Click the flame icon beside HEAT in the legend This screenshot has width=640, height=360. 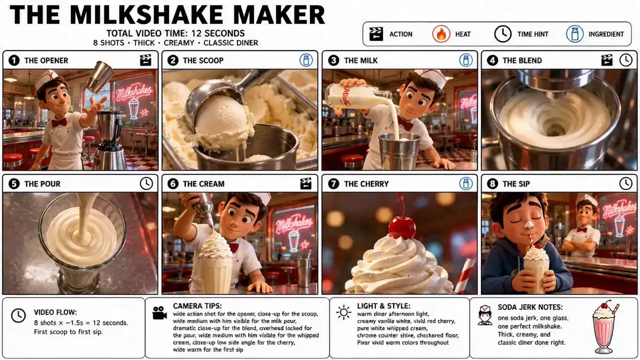[x=441, y=34]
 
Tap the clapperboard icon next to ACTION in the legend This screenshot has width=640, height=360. [x=376, y=34]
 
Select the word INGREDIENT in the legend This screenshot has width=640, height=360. [x=606, y=34]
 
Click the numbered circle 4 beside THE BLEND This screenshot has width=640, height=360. [x=492, y=61]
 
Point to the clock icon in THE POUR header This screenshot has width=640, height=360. [x=146, y=183]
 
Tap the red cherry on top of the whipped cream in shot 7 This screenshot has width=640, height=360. [x=402, y=227]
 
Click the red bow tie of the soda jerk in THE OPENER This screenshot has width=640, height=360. [x=59, y=123]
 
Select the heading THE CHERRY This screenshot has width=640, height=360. [x=366, y=183]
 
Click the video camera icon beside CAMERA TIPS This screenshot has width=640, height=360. [x=159, y=313]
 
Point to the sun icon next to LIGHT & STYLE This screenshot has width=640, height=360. [x=343, y=313]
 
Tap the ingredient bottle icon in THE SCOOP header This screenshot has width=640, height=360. [x=306, y=61]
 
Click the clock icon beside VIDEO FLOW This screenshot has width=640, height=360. [x=18, y=316]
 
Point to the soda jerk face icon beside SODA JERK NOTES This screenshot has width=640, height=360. [x=485, y=315]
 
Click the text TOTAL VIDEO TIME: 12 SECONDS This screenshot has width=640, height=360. [x=175, y=34]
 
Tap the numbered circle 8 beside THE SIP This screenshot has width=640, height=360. [x=492, y=183]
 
